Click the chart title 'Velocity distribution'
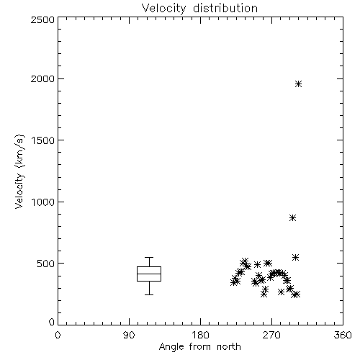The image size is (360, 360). coord(199,8)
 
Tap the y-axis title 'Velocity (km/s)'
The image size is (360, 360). coord(19,171)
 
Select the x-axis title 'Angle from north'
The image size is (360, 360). coord(199,347)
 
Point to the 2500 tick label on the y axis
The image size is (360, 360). coord(42,19)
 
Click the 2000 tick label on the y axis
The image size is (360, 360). coord(42,78)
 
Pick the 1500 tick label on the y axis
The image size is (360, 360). coord(43,140)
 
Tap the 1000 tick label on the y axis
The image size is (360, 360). coord(43,202)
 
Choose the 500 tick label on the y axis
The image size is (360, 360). coord(46,264)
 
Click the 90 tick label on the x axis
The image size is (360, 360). coord(129,335)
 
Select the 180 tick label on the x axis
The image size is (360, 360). coord(200,335)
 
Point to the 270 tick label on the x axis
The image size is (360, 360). coord(271,335)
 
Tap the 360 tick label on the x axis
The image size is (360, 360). coord(343,335)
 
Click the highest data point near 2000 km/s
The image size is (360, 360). coord(298,84)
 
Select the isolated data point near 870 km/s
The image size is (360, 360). coord(292,218)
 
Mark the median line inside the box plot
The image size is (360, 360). coord(149,274)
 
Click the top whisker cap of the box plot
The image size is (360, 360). coord(149,258)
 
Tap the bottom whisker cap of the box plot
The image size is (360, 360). coord(149,294)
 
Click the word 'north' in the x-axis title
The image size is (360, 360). coord(229,347)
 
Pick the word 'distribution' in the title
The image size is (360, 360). coord(225,8)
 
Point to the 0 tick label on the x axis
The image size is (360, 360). coord(58,335)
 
